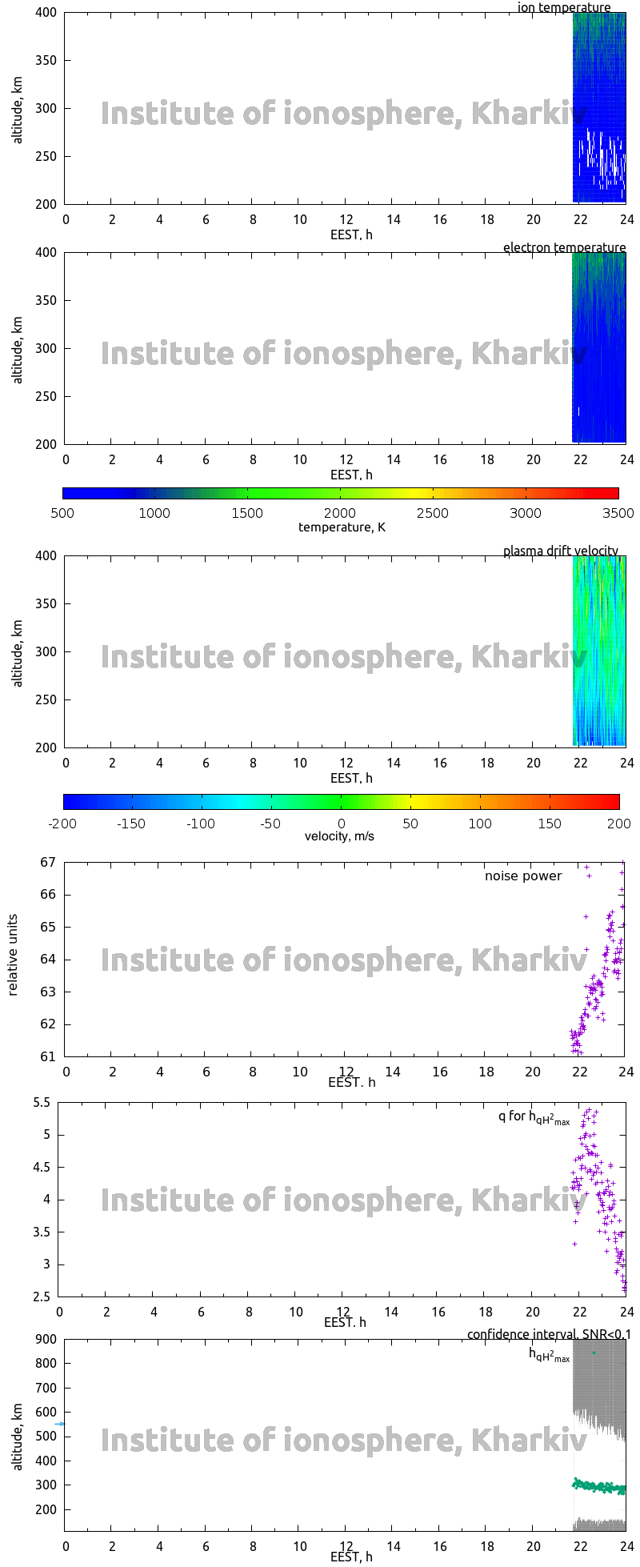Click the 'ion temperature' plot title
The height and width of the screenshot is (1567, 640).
564,8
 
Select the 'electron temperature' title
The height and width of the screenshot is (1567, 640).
564,247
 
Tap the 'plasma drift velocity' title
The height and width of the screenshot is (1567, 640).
560,551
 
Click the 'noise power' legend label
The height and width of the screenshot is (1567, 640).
523,876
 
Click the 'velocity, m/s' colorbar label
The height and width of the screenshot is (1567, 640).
339,836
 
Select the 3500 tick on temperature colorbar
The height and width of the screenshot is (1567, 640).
618,513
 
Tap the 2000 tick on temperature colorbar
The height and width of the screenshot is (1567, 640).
340,513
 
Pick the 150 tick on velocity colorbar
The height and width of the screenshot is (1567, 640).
550,823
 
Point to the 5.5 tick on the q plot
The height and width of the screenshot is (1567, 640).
42,1102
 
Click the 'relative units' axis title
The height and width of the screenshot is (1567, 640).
13,959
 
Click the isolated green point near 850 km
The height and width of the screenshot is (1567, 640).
594,1353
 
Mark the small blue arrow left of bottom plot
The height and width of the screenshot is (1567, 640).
60,1424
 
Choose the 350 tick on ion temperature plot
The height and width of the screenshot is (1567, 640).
46,60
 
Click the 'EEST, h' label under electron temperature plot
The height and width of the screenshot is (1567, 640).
351,475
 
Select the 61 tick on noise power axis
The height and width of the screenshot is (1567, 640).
48,1056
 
